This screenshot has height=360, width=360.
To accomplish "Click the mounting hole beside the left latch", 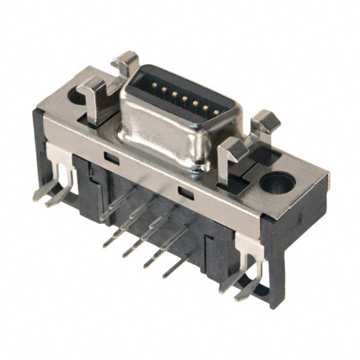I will [76, 96].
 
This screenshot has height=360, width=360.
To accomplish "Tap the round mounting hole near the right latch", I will [277, 183].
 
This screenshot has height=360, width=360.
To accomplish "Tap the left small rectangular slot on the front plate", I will [112, 158].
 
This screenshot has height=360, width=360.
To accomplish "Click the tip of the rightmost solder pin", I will [165, 276].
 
